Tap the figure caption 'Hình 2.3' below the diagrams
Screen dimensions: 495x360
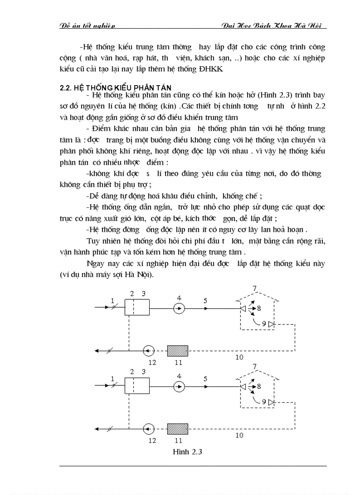tap(184, 451)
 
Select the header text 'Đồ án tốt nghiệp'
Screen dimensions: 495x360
tap(87, 26)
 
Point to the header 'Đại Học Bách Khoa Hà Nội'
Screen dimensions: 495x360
tap(274, 26)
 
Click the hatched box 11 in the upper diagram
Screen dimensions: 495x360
tap(177, 350)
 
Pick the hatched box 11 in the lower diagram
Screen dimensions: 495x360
tap(177, 428)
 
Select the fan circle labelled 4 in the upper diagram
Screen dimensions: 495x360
tap(179, 309)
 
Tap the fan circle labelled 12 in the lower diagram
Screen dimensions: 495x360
tap(149, 428)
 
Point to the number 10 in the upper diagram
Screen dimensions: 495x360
tap(239, 357)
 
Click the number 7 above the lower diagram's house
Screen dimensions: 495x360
tap(254, 366)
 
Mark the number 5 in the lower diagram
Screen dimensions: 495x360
tap(205, 378)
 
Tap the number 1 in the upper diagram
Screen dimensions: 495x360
tap(112, 300)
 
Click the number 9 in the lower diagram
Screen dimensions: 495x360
tap(263, 402)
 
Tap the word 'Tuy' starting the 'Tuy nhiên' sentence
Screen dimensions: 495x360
tap(94, 241)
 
